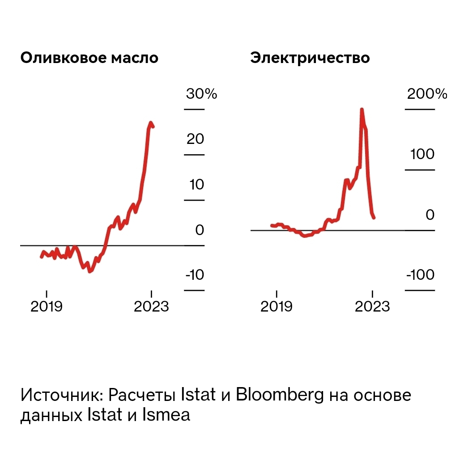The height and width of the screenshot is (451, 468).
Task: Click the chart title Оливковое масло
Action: [x=89, y=59]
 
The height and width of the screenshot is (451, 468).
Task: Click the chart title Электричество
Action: [x=310, y=59]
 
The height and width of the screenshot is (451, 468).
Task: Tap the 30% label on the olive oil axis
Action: [x=201, y=94]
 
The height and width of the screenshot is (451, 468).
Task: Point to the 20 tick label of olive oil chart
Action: [x=196, y=139]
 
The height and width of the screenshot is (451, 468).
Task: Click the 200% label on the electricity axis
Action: [x=427, y=94]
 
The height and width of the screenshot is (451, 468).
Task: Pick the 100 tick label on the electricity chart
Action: [x=422, y=154]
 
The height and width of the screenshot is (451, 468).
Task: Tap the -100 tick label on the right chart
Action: [x=420, y=274]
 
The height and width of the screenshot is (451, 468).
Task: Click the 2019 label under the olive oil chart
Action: [x=47, y=307]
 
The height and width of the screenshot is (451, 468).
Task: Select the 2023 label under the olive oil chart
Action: [x=152, y=307]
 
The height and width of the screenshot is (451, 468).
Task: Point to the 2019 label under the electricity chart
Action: [x=277, y=307]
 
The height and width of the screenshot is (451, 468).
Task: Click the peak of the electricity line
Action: [x=362, y=110]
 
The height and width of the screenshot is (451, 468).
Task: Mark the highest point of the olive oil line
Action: [x=151, y=122]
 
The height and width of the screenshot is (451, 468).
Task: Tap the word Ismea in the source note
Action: [x=166, y=415]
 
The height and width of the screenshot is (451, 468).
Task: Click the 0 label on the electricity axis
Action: [x=430, y=215]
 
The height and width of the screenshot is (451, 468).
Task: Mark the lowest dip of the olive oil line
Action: [x=90, y=271]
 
